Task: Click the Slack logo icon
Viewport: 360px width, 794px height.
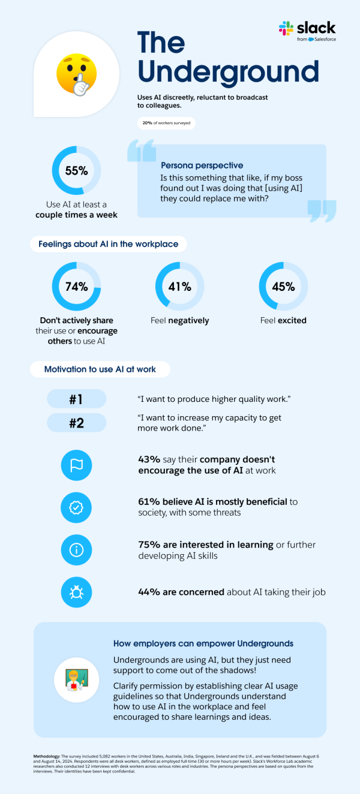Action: (x=286, y=28)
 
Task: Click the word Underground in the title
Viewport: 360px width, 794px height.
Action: (x=228, y=71)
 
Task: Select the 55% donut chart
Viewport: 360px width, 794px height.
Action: (x=76, y=170)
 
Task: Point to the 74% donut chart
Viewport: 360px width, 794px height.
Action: (x=76, y=287)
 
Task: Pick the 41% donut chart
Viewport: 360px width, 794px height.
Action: (x=179, y=287)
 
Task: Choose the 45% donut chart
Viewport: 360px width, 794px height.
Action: (x=283, y=287)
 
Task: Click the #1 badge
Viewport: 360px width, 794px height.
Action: (x=76, y=399)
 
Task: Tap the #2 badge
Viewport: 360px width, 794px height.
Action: (x=76, y=423)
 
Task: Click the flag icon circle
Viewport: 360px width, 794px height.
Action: (x=76, y=465)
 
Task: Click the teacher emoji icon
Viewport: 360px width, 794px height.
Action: (x=76, y=679)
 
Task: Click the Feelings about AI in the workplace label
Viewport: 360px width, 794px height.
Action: (x=109, y=244)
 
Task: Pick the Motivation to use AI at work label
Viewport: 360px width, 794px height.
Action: (x=100, y=369)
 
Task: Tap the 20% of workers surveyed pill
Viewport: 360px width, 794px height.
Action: (x=166, y=123)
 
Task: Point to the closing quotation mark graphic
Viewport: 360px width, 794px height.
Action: (x=322, y=210)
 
